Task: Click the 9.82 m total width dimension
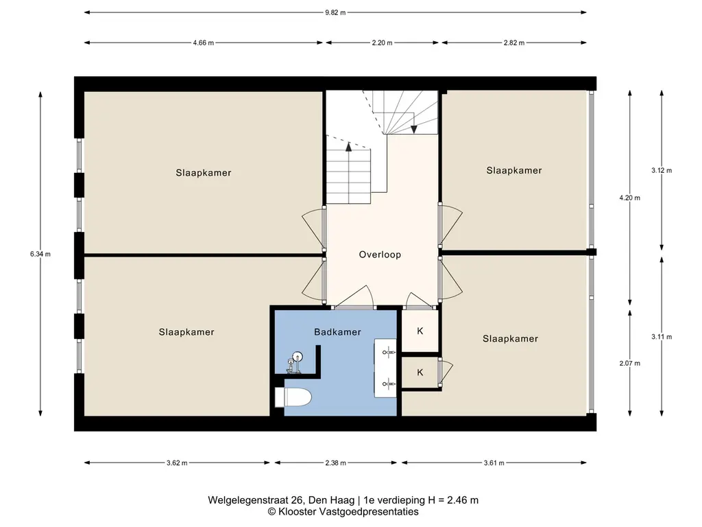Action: click(335, 12)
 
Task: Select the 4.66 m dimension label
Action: click(203, 43)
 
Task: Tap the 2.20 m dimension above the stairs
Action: click(382, 43)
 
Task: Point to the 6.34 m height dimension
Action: click(40, 254)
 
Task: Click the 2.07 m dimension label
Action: click(629, 364)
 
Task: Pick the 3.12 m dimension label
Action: click(662, 170)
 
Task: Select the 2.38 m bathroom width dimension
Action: click(335, 463)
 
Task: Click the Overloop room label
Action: click(380, 255)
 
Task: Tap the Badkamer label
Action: click(337, 332)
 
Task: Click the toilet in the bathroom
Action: click(293, 397)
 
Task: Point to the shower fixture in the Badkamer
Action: click(295, 362)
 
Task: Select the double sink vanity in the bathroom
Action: click(385, 368)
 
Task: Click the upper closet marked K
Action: click(420, 331)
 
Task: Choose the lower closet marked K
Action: click(420, 373)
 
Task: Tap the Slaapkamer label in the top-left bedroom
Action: click(203, 173)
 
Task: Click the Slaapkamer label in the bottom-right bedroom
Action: click(510, 339)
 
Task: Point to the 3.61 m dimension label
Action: click(494, 463)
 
